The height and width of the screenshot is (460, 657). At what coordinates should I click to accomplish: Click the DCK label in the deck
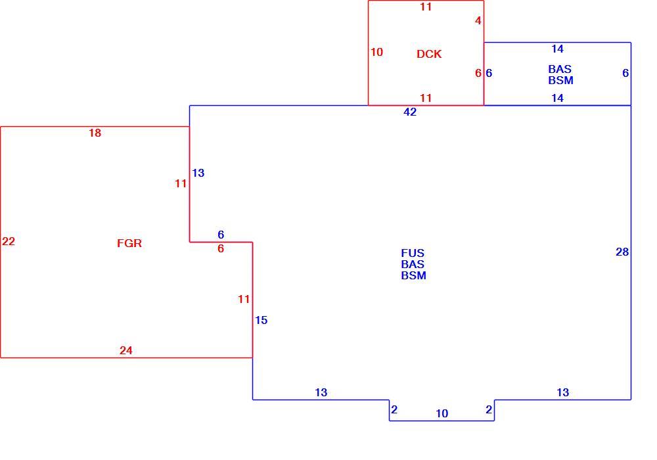429,54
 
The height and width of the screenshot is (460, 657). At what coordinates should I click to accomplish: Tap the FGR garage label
129,243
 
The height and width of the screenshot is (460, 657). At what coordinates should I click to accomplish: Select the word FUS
413,253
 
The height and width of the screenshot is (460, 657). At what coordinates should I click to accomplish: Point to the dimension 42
410,112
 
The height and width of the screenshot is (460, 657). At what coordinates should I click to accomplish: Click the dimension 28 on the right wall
622,252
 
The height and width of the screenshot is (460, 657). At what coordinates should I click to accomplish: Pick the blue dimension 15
261,320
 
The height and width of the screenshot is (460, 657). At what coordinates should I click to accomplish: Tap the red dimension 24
126,350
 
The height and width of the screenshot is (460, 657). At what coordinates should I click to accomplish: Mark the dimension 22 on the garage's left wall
9,241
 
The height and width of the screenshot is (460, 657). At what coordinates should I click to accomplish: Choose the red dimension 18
95,133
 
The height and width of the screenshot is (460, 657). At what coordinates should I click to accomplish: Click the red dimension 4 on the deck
478,20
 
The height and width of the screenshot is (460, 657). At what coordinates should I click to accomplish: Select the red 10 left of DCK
376,52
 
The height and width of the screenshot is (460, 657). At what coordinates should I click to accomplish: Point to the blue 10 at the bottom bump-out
442,413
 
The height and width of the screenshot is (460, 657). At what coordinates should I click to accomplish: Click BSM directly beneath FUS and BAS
413,275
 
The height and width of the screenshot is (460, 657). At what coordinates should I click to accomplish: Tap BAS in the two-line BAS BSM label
560,69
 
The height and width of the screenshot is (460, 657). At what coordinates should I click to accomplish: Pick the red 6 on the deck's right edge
478,74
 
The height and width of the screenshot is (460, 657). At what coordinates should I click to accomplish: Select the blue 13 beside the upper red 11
198,173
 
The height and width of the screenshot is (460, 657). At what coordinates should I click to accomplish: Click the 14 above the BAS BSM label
557,49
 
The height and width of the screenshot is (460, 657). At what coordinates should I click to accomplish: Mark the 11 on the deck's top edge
426,7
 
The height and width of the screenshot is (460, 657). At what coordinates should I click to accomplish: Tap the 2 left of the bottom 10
394,409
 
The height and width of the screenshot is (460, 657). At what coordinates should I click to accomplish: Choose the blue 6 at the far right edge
625,74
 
